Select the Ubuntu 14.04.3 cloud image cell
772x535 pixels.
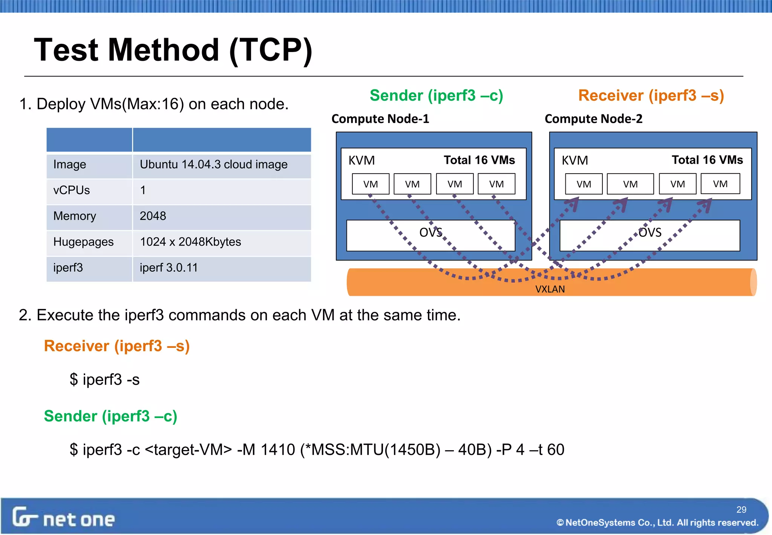coord(213,164)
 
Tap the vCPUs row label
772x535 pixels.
coord(72,190)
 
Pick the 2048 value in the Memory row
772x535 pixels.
coord(153,216)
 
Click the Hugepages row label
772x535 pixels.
coord(83,242)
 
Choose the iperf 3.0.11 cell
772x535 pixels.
coord(168,267)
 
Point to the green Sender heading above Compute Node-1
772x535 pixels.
coord(436,95)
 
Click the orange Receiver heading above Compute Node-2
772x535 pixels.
coord(651,95)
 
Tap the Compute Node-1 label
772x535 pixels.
coord(380,119)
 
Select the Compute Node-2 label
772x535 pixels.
coord(593,119)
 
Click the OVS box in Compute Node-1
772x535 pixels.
coord(430,235)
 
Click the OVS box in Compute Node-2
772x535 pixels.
coord(649,235)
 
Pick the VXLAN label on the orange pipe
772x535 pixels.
coord(550,289)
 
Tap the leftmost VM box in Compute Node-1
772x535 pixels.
coord(371,184)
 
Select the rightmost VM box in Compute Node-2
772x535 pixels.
coord(720,184)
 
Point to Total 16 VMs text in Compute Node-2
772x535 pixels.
coord(707,160)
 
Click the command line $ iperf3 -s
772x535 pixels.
coord(104,379)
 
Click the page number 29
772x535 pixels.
coord(741,509)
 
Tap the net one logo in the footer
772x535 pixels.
coord(63,518)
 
